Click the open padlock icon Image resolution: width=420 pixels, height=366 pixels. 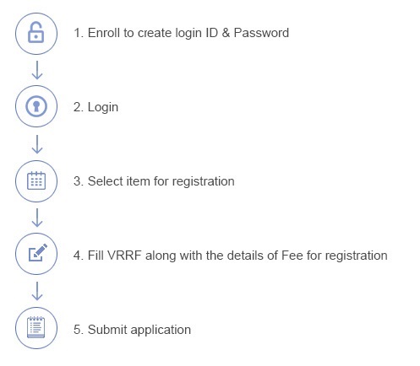pos(36,33)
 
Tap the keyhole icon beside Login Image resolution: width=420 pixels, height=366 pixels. pos(36,106)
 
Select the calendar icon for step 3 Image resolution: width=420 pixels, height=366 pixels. pos(36,180)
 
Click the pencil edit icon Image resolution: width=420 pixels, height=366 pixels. pos(38,253)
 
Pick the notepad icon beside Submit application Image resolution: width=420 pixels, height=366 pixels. pos(36,327)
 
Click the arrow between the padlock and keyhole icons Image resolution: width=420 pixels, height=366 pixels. pos(37,70)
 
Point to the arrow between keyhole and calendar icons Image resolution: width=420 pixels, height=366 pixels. pos(37,144)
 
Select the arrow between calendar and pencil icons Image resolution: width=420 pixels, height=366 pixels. pos(37,218)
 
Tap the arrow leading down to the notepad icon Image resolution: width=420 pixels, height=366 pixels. pos(37,291)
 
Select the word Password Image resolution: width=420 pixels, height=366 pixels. pos(261,33)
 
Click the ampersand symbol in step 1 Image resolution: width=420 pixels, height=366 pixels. pos(226,33)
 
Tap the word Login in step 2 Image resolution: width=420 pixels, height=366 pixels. pos(103,107)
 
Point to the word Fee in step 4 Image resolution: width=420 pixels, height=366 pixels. pos(292,256)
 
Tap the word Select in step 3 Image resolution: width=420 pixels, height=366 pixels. pos(105,181)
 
